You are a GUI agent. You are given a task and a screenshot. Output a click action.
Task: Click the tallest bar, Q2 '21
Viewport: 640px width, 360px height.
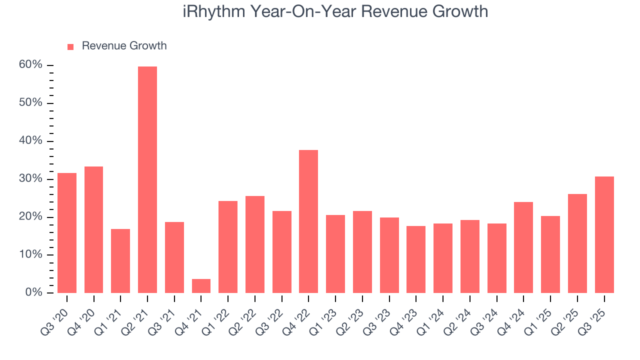[x=147, y=180]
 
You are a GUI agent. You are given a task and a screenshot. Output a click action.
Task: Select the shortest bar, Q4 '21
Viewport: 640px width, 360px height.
[x=201, y=286]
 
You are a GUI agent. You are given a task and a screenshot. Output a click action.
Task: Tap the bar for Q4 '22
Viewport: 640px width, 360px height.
[x=308, y=221]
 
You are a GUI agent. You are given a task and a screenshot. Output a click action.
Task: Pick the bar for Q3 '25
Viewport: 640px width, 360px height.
[x=604, y=235]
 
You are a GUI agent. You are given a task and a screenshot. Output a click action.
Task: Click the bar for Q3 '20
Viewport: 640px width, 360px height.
[x=67, y=233]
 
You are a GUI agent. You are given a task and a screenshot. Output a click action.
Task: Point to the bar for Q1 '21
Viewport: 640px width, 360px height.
[x=120, y=261]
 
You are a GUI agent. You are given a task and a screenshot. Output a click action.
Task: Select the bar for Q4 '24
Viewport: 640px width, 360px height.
[x=523, y=247]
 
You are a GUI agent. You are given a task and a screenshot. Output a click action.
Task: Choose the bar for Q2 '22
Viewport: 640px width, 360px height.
[x=255, y=244]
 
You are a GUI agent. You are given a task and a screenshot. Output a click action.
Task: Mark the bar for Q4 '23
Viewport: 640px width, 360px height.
[x=416, y=259]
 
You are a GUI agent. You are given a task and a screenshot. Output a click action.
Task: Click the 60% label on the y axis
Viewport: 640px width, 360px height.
[x=31, y=65]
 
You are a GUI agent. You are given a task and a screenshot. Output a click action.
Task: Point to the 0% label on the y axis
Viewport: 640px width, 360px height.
[x=34, y=292]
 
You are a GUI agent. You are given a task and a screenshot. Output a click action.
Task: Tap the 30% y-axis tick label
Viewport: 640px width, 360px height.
[x=31, y=179]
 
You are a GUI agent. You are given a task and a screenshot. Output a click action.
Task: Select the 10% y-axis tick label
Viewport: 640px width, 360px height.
[x=31, y=255]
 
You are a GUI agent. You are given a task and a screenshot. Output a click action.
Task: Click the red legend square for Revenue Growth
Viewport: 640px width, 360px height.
[x=70, y=46]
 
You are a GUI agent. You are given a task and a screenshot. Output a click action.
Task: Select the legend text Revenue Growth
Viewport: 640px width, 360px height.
[x=124, y=46]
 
